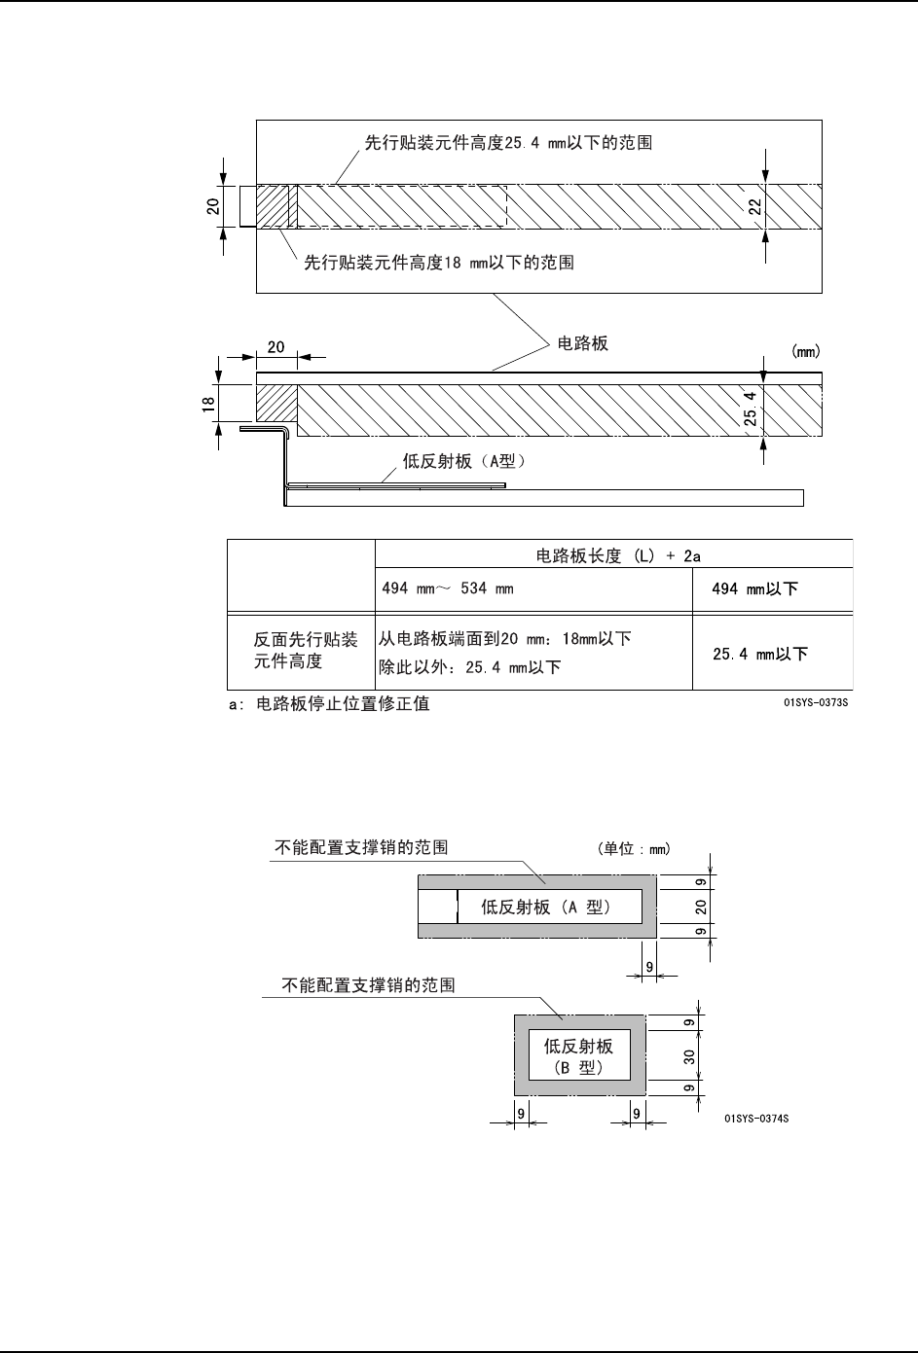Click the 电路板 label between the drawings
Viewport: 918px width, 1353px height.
[x=582, y=343]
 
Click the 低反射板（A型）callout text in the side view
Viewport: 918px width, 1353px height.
[x=464, y=462]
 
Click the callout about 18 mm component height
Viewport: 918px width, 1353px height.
[x=439, y=263]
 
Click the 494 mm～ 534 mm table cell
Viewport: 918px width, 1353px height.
[x=447, y=589]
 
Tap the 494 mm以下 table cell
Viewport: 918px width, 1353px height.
[x=755, y=589]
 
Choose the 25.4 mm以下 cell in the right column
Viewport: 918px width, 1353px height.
[x=760, y=655]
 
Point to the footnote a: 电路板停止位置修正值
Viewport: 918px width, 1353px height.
[x=328, y=704]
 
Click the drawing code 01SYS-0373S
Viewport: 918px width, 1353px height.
[x=816, y=702]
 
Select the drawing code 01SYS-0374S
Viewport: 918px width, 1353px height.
[x=756, y=1119]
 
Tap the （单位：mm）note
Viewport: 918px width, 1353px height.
[x=634, y=848]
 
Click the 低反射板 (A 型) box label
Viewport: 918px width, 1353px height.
[x=546, y=908]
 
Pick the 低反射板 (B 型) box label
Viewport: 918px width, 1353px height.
[x=578, y=1056]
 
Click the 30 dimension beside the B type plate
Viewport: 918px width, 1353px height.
[x=688, y=1055]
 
